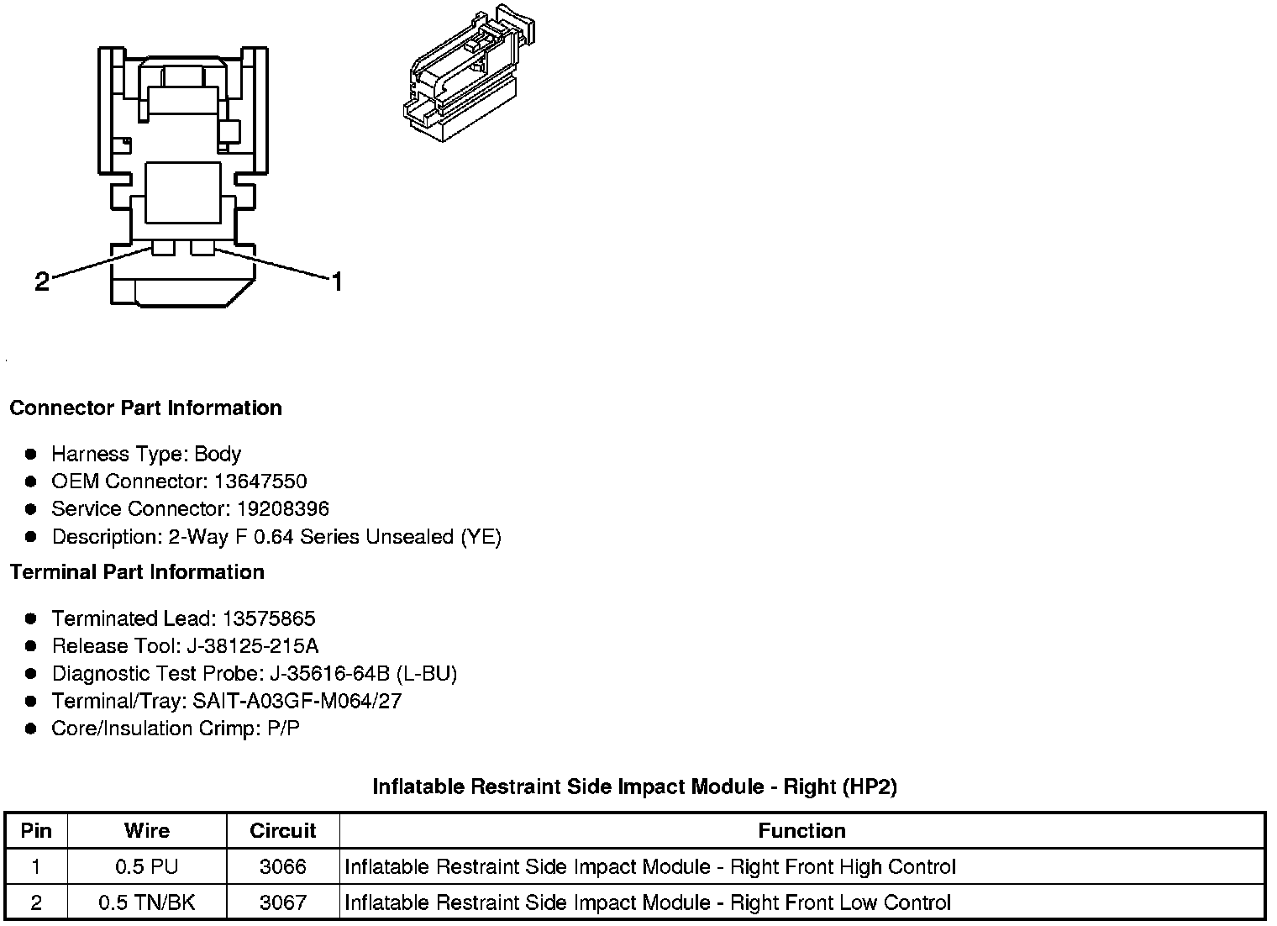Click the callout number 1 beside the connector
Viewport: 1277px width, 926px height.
point(336,281)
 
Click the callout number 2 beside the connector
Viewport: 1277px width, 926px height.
point(42,281)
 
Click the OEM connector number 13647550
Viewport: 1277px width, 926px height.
point(260,481)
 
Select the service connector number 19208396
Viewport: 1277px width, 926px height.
point(282,509)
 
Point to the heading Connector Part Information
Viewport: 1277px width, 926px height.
point(145,408)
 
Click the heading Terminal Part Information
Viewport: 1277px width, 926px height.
point(137,572)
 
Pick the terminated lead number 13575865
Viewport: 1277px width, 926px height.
point(269,619)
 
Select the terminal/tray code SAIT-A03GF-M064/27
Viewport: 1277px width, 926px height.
point(297,701)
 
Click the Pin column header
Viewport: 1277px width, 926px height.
point(36,831)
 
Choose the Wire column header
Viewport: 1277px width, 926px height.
point(147,831)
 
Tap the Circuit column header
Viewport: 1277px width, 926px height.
point(283,831)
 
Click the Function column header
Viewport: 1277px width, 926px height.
point(801,831)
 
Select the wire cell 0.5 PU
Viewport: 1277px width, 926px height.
point(147,867)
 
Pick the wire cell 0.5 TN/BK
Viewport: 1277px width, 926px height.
point(147,903)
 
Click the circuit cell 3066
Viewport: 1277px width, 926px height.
point(283,867)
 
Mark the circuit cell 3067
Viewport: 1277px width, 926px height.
point(283,903)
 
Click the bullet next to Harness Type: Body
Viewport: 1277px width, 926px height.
point(31,455)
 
